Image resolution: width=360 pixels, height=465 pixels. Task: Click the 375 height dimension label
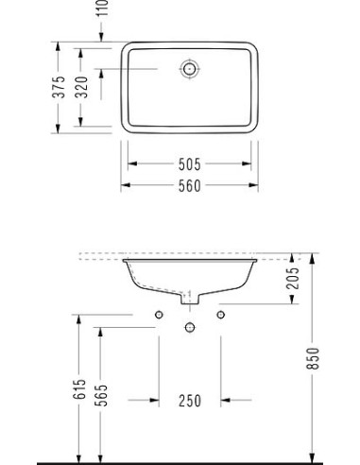pos(59,88)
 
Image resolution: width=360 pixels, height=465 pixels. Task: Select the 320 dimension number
pos(81,88)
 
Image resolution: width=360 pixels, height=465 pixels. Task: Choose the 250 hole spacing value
pos(190,401)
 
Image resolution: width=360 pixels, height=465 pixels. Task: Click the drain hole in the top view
pos(190,68)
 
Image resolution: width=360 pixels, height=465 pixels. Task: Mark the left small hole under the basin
pos(159,314)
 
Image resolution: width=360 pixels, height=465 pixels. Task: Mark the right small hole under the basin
pos(221,314)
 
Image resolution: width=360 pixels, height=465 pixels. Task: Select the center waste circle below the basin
pos(190,327)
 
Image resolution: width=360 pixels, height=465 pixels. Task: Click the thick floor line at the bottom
pos(189,462)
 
